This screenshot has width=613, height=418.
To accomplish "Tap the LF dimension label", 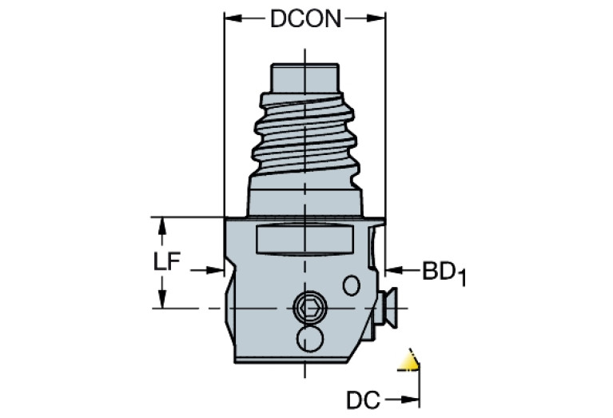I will pos(168,262).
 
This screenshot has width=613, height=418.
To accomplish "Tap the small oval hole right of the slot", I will pos(351,285).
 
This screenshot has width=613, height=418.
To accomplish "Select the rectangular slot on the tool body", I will pos(304,240).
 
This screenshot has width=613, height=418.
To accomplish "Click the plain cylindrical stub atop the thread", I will pos(305,78).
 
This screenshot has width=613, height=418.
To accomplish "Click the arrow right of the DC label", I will pos(412,397).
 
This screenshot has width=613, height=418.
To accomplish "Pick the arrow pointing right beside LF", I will pos(215,270).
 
